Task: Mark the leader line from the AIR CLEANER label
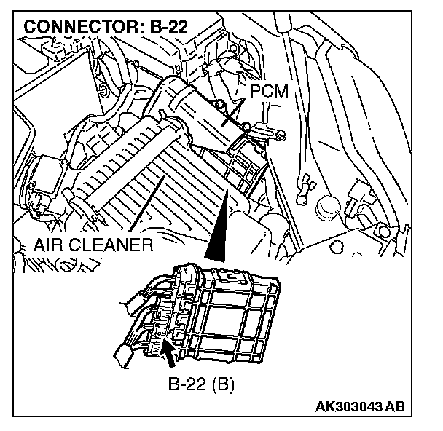[138, 211]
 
